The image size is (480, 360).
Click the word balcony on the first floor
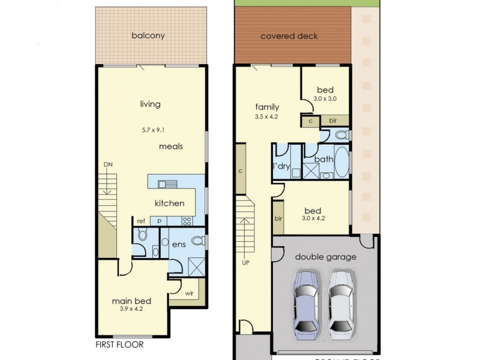pos(148,35)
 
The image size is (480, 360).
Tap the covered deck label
pos(289,36)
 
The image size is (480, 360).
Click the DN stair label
pos(107,164)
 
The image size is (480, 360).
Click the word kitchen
pos(169,203)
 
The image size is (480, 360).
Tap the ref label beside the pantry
pos(141,221)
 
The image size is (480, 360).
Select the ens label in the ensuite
pos(179,244)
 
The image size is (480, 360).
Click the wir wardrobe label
pos(189,294)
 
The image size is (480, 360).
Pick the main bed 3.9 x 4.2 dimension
pos(131,310)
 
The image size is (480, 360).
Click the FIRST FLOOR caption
pos(119,346)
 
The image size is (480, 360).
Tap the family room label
pos(267,108)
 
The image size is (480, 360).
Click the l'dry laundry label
pos(282,165)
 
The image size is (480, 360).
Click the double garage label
pos(326,257)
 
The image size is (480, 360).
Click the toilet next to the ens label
pos(201,241)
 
